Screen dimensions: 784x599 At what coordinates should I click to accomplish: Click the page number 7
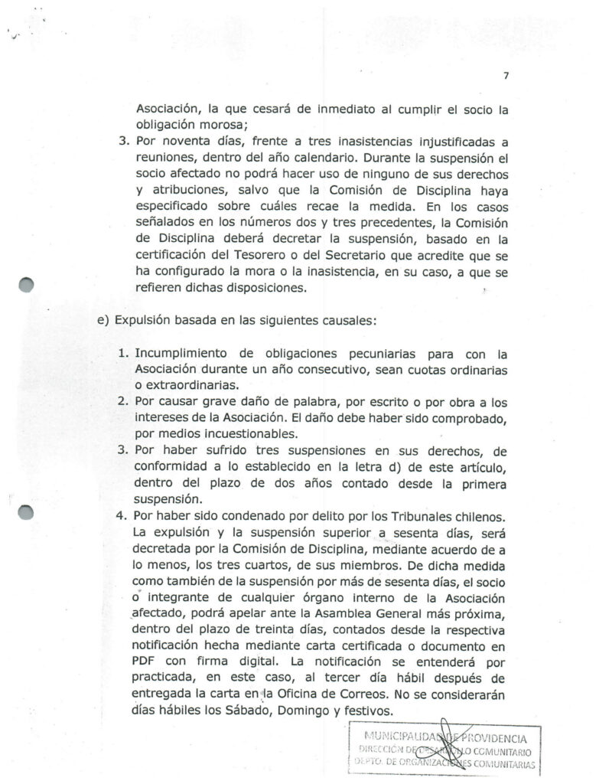(x=506, y=75)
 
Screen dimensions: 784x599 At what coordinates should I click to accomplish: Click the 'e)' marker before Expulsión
(x=103, y=321)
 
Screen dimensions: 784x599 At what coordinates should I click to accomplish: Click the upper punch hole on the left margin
(x=26, y=285)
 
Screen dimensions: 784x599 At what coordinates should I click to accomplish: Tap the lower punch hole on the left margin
(x=26, y=512)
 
